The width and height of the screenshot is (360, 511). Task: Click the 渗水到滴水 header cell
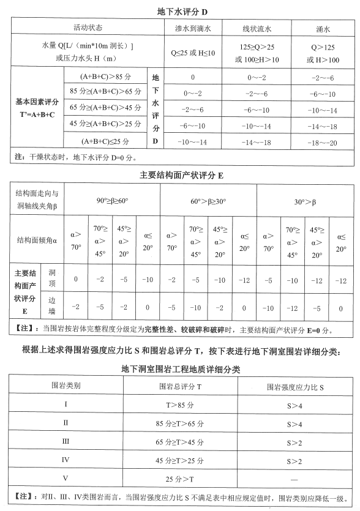click(192, 29)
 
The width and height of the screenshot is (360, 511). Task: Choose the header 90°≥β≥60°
click(112, 201)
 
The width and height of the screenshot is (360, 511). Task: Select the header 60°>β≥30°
click(208, 201)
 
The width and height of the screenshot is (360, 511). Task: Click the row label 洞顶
click(52, 280)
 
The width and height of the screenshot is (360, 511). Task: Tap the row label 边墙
click(52, 307)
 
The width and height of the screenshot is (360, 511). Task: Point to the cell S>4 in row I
click(296, 405)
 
